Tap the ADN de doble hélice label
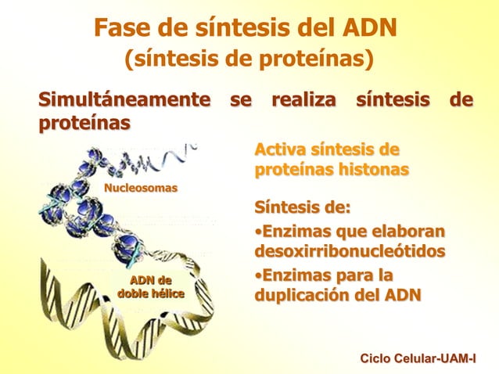coord(151,287)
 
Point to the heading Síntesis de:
coord(302,209)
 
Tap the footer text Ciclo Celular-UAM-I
coord(417,358)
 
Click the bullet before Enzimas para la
coord(257,276)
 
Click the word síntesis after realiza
coord(392,101)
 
